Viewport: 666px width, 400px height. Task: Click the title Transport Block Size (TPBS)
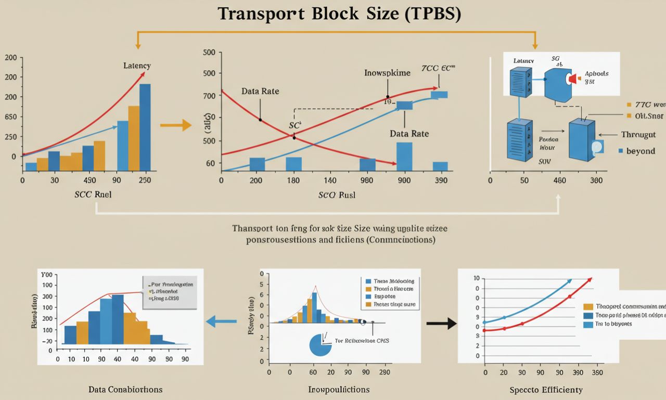click(x=339, y=14)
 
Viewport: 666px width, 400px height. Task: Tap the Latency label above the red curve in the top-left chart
click(x=137, y=66)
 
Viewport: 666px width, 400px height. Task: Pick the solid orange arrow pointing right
click(x=175, y=125)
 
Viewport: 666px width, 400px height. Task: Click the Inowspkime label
click(x=387, y=73)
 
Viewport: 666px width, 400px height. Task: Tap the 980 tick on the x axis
click(x=367, y=180)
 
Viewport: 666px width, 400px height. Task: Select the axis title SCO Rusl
click(x=337, y=196)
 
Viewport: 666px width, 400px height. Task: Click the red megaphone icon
click(x=572, y=78)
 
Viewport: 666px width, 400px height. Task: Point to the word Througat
click(x=638, y=135)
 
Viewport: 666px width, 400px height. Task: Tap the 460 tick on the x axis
click(x=560, y=180)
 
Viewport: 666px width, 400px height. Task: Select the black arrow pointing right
click(x=441, y=324)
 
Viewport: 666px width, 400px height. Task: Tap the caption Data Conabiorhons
click(x=125, y=389)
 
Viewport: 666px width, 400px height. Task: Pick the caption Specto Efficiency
click(x=546, y=390)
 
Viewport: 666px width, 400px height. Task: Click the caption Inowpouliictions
click(x=339, y=389)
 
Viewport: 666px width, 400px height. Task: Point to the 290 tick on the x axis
click(x=385, y=372)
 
